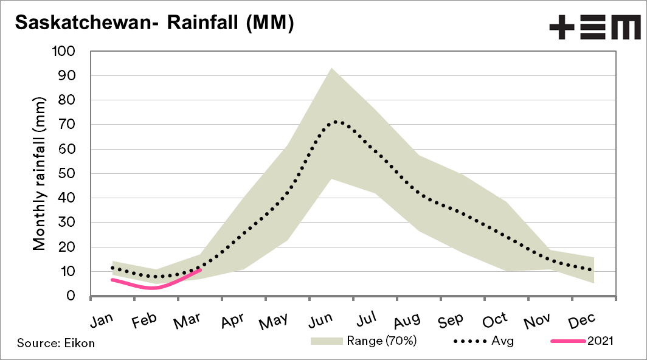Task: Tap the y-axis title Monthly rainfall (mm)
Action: tap(40, 173)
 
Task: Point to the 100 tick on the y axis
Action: tap(72, 52)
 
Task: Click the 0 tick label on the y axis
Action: tap(79, 296)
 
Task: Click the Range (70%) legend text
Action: tap(381, 341)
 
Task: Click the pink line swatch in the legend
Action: tap(567, 341)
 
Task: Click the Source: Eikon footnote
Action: tap(56, 343)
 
